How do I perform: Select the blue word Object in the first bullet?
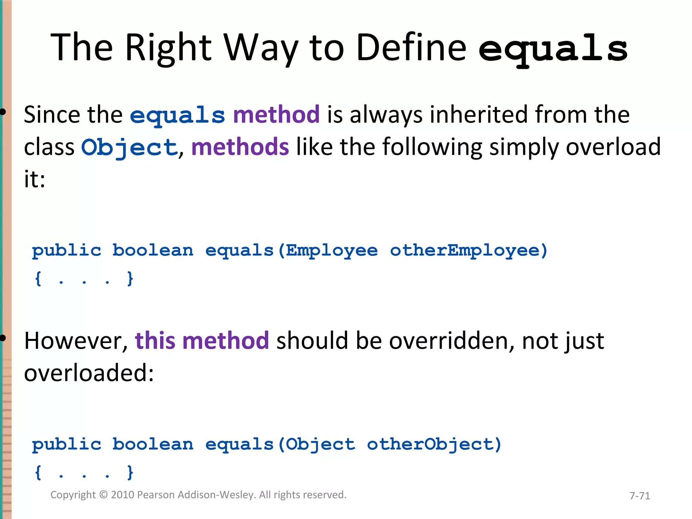tap(129, 147)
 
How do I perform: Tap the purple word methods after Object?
tap(240, 147)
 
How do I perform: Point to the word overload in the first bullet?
tap(613, 147)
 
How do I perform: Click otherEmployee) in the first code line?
tap(468, 251)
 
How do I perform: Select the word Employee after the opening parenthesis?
tap(331, 251)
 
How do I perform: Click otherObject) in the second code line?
tap(434, 444)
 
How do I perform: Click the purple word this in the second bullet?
tap(155, 341)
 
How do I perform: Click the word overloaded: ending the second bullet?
tap(89, 373)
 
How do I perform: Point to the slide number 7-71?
tap(639, 496)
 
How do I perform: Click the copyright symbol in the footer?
tap(103, 495)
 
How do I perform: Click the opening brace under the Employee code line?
tap(38, 279)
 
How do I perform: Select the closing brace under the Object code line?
tap(130, 472)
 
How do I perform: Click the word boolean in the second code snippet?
tap(153, 444)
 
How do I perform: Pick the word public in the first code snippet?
tap(67, 251)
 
